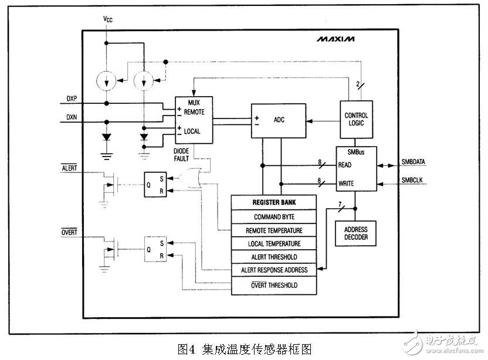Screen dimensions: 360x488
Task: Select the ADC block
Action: pyautogui.click(x=279, y=121)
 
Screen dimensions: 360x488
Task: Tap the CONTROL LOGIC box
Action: pyautogui.click(x=356, y=120)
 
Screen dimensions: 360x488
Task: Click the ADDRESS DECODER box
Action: pyautogui.click(x=355, y=233)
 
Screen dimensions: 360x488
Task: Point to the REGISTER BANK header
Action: pyautogui.click(x=274, y=202)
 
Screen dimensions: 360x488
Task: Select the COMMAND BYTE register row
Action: pyautogui.click(x=274, y=216)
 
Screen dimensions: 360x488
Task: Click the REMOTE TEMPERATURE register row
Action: pyautogui.click(x=274, y=230)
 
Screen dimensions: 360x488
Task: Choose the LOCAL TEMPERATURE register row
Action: pyautogui.click(x=274, y=244)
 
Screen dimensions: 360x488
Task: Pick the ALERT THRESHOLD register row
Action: pyautogui.click(x=274, y=257)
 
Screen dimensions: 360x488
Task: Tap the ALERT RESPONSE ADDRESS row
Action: pyautogui.click(x=274, y=271)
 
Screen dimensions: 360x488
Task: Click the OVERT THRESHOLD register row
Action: pyautogui.click(x=274, y=285)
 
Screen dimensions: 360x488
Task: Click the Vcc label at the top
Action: pyautogui.click(x=107, y=19)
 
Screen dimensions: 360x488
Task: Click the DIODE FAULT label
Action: pyautogui.click(x=182, y=155)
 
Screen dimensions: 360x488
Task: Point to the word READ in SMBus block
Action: pyautogui.click(x=345, y=165)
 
